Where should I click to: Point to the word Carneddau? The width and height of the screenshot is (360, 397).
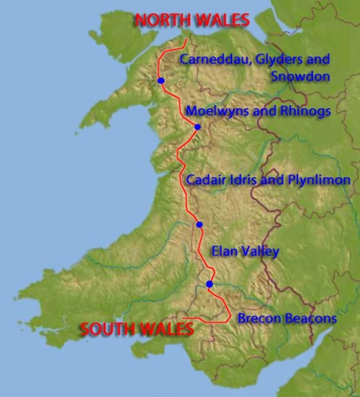click(x=207, y=60)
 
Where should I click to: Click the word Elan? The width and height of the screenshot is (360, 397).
click(x=224, y=251)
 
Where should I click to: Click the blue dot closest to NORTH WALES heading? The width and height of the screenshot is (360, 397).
click(x=161, y=80)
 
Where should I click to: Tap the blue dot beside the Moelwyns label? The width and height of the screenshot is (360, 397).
click(x=198, y=127)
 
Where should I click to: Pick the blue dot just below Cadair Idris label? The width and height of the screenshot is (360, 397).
click(x=199, y=225)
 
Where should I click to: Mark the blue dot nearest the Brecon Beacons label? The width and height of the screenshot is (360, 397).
click(x=209, y=284)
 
